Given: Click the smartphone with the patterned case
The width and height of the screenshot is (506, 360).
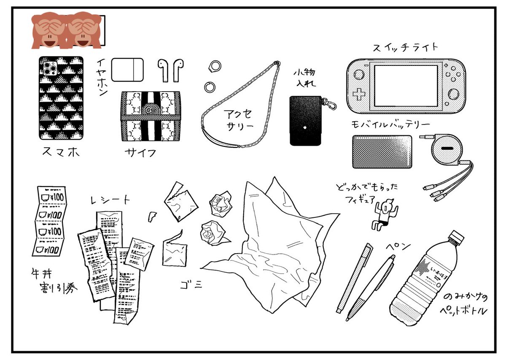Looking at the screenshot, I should [61, 98].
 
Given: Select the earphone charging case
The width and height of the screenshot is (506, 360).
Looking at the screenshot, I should [127, 69].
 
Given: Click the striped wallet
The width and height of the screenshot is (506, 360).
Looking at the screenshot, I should [151, 116].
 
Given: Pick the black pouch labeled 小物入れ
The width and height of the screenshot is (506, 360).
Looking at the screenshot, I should [306, 120].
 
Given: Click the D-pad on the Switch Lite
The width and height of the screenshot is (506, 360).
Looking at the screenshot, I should [359, 94].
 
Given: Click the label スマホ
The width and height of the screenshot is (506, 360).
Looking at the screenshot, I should [61, 152].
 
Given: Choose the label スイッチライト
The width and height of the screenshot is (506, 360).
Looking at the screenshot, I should [405, 47].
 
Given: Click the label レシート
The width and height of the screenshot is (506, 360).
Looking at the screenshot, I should [110, 200].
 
